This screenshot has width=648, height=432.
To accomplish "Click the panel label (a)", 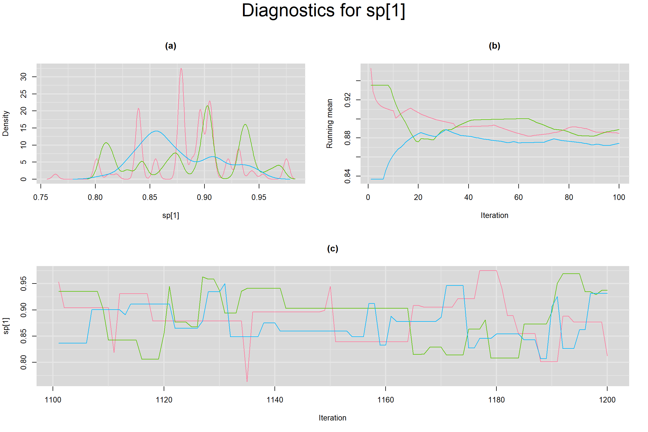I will click(170, 46).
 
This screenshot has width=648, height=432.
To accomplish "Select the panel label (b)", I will click(494, 46).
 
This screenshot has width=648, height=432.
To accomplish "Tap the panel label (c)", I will click(332, 249).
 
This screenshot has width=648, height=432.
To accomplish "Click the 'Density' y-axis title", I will click(6, 123).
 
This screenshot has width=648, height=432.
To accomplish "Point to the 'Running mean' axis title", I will click(329, 123).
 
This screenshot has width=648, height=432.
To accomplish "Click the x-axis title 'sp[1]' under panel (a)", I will click(170, 215).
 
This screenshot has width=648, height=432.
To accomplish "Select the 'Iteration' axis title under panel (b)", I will click(494, 215).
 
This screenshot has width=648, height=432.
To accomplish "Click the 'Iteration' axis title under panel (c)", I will click(332, 418).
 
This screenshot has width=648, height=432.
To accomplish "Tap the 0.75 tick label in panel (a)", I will click(40, 197).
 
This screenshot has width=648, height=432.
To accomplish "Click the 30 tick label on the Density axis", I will click(24, 76).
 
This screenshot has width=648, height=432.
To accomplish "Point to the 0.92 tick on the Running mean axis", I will click(348, 100).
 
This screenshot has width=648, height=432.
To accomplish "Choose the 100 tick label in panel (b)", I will click(619, 197).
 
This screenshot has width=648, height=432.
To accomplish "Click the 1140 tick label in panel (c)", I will click(275, 400).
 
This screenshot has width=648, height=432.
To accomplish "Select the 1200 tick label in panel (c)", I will click(607, 400).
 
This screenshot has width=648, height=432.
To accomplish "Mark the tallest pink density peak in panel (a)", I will click(181, 68).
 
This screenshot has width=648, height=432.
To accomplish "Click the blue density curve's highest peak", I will click(156, 131).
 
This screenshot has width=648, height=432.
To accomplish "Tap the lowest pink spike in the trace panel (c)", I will click(247, 381).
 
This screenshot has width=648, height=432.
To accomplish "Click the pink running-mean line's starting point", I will click(371, 68).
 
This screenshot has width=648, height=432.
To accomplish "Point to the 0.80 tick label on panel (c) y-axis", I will click(24, 362).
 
